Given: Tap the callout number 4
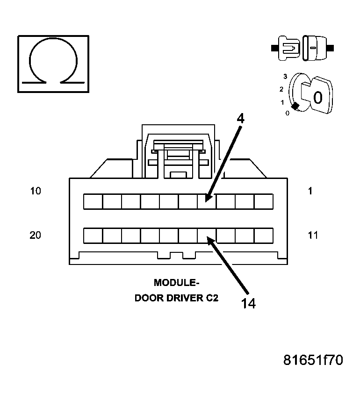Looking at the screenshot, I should (240, 118).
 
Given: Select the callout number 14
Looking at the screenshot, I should (249, 303).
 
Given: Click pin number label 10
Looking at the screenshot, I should (35, 191).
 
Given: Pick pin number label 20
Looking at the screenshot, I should (35, 235).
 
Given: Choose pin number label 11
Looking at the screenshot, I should (313, 235).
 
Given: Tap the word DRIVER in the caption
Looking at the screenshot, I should (183, 298).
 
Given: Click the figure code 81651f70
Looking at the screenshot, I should (313, 360).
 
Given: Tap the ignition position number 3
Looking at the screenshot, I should (284, 76).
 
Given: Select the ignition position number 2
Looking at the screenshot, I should (281, 89).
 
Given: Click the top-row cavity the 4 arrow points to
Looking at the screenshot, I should (206, 201).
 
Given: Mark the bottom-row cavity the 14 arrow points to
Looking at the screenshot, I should (206, 236).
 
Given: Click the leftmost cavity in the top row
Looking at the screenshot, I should (93, 201).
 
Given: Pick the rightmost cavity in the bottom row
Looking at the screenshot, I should (264, 236).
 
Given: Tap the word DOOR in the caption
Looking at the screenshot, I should (147, 298).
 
